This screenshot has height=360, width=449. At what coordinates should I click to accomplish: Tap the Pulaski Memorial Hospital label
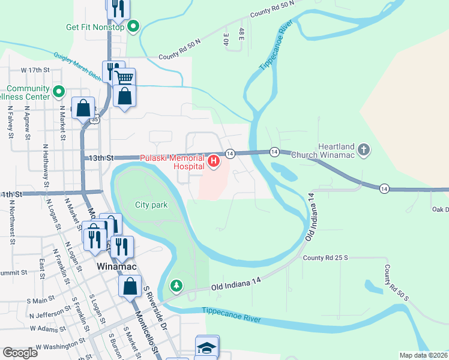[x=172, y=161]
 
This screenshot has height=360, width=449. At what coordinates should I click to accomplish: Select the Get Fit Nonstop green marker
[x=134, y=26]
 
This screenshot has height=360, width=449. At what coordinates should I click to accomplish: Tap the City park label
[x=151, y=205]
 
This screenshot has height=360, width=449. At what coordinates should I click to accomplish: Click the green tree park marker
[x=176, y=285]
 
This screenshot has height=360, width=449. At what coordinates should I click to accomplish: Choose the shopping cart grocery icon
[x=124, y=78]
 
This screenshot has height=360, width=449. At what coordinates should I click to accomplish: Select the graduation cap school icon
[x=206, y=347]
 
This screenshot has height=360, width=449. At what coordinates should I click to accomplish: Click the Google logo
[x=20, y=353]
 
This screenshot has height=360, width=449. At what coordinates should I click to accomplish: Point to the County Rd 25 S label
[x=325, y=257]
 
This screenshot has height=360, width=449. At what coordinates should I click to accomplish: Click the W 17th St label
[x=35, y=70]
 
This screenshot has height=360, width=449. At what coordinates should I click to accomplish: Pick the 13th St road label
[x=101, y=158]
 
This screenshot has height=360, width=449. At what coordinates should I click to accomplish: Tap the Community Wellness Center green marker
[x=58, y=92]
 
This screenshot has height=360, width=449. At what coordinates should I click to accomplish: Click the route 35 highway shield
[x=95, y=120]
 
